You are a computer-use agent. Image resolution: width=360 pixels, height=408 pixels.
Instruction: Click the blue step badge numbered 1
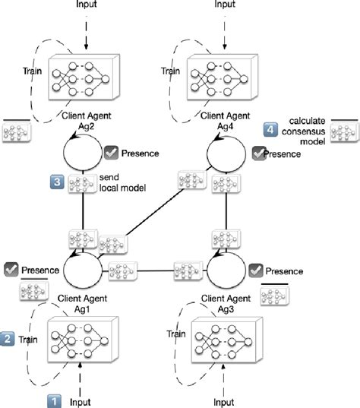pyautogui.click(x=55, y=400)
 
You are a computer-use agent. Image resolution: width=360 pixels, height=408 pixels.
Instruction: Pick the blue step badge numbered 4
pyautogui.click(x=269, y=129)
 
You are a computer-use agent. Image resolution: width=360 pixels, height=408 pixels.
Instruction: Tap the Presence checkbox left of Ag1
pyautogui.click(x=11, y=269)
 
